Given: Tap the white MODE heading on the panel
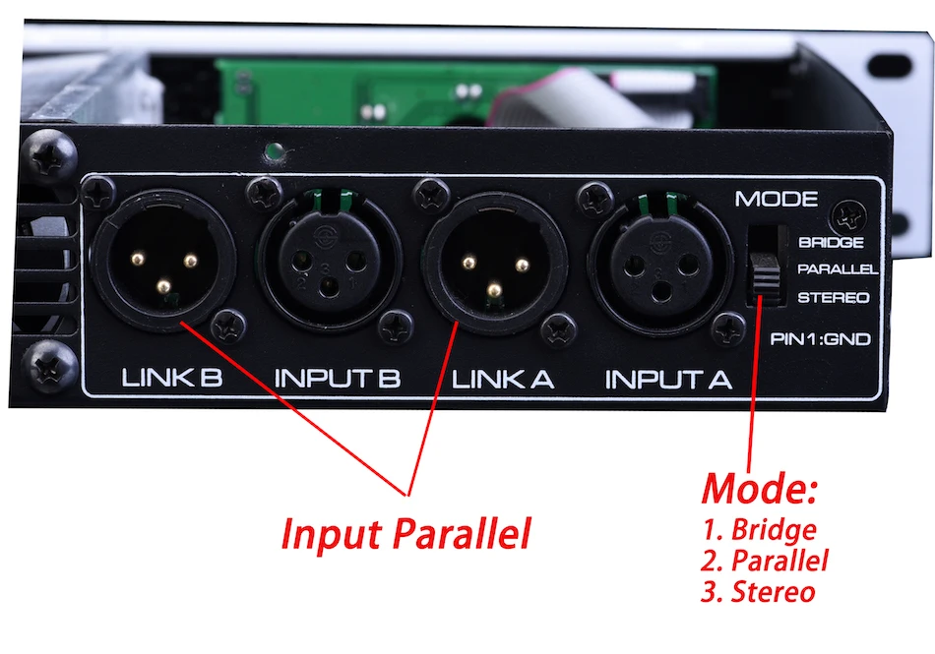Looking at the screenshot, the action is [x=777, y=200].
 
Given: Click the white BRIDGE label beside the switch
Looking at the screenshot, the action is [x=832, y=242].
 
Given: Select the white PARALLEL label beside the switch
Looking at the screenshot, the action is [x=837, y=269].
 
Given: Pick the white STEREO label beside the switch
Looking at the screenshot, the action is [x=833, y=297].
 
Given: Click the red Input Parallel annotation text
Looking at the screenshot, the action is [x=405, y=534].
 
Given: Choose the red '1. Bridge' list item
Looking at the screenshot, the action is [x=760, y=530].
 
